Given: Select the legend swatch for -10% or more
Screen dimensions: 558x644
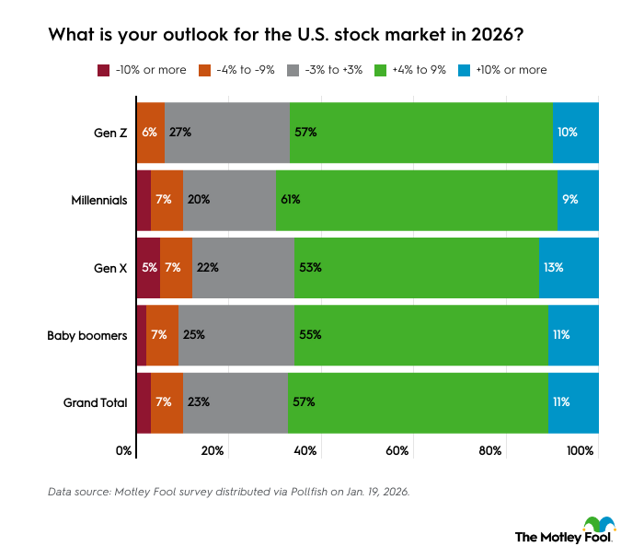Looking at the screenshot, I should (102, 70).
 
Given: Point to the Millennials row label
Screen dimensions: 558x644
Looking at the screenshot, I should (98, 199).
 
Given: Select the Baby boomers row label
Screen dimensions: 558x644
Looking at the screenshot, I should (87, 335).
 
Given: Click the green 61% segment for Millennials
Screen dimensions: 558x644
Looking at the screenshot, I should (416, 199).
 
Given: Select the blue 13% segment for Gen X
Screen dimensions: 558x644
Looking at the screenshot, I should (569, 267).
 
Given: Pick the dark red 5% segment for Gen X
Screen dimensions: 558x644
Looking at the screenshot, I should (147, 267).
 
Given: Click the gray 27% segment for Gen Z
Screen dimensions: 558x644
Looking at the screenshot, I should (227, 132).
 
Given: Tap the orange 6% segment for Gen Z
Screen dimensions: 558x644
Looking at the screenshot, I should (150, 132).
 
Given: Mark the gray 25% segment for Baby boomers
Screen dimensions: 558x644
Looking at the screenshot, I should (236, 335).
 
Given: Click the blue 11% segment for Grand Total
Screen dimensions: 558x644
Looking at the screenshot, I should (573, 402).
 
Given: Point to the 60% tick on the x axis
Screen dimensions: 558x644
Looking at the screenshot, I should (397, 450).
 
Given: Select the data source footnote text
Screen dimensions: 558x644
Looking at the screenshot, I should (228, 493).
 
